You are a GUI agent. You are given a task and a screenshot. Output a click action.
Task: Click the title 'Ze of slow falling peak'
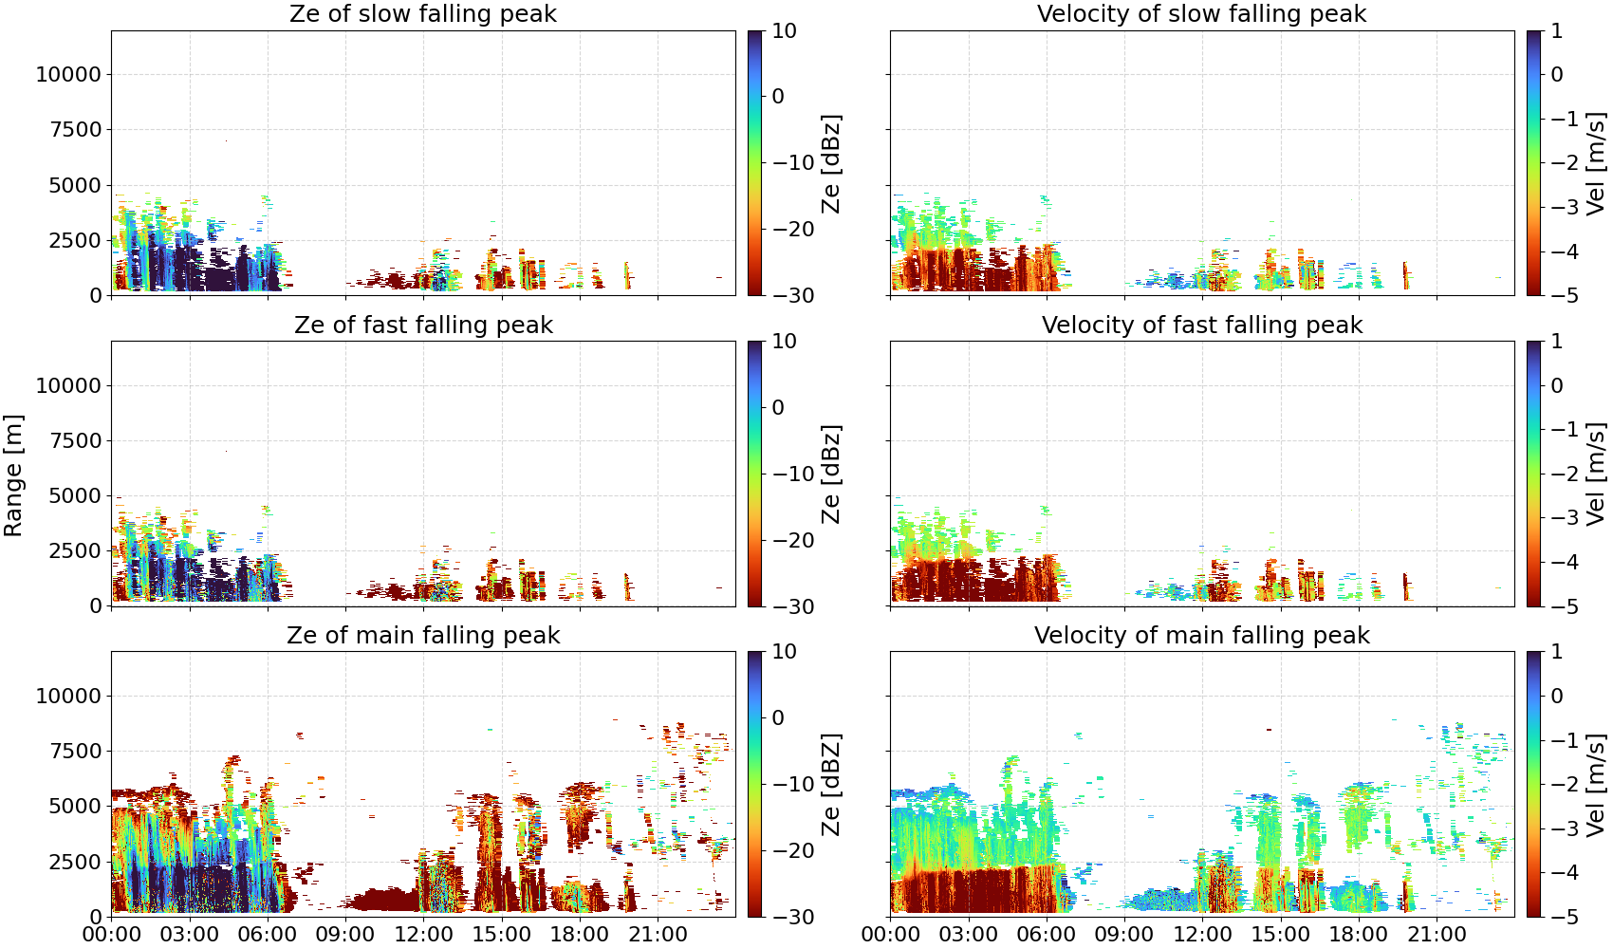[423, 13]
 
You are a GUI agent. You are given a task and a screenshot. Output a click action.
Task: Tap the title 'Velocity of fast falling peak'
[1202, 325]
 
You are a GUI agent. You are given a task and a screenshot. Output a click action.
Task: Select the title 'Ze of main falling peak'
[423, 635]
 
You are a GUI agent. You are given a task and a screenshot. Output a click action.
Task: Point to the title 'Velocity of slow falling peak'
[1202, 13]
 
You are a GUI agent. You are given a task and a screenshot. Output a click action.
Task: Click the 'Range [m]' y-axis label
[13, 475]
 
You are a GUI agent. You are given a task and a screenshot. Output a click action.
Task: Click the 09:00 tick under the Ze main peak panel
[345, 935]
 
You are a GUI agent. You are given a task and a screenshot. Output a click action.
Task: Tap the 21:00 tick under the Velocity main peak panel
[1437, 935]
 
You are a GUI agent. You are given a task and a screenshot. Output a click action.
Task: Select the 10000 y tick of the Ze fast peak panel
[68, 385]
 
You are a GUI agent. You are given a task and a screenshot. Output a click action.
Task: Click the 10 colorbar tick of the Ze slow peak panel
[784, 31]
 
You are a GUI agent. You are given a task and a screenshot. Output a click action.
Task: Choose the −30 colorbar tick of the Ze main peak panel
[793, 917]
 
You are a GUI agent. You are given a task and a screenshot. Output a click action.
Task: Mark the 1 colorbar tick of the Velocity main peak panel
[1556, 652]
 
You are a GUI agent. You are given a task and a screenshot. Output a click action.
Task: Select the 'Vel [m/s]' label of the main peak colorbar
[1596, 784]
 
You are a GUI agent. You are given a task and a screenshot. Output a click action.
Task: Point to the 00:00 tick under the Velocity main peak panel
[891, 935]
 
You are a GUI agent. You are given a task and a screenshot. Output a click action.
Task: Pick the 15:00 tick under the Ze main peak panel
[502, 935]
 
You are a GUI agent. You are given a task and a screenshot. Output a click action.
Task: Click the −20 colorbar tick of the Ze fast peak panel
[793, 540]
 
